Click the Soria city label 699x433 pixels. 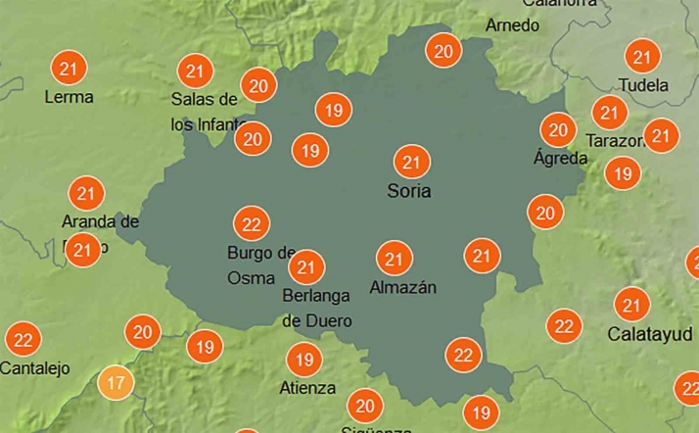[x=409, y=191]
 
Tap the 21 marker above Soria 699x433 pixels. [x=410, y=162]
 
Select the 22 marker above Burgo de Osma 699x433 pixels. [x=252, y=224]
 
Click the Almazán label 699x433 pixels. [x=402, y=288]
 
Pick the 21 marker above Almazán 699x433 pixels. [x=395, y=259]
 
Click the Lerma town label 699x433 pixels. [x=70, y=97]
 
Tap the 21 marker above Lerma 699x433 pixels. [x=69, y=69]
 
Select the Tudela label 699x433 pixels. [x=644, y=85]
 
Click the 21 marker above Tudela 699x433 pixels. [x=643, y=57]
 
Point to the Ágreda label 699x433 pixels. [x=559, y=158]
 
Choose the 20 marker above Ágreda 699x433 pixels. [x=559, y=129]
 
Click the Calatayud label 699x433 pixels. [x=637, y=334]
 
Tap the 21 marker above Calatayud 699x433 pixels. [x=633, y=305]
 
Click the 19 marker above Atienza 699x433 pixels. [x=303, y=360]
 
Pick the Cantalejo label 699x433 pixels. [x=35, y=368]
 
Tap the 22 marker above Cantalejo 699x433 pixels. [x=23, y=340]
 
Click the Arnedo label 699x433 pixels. [x=512, y=24]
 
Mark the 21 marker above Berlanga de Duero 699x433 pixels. [x=307, y=265]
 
